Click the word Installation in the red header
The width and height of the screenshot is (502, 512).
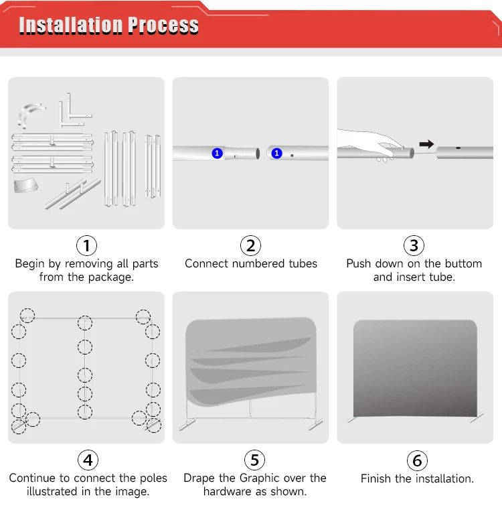(x=71, y=25)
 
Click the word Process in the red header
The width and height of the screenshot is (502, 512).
(x=163, y=25)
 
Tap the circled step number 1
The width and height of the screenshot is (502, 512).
(x=86, y=245)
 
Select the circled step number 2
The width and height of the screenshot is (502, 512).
(x=250, y=245)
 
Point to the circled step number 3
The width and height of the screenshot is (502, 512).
(x=414, y=245)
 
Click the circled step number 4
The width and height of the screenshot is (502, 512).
(x=88, y=460)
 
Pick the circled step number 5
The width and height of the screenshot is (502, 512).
(x=255, y=460)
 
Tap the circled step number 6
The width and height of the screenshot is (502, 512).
(x=417, y=461)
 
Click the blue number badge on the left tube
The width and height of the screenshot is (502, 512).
(x=218, y=153)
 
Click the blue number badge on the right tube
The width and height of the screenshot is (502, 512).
(x=276, y=153)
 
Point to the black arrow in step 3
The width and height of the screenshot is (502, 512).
(x=426, y=144)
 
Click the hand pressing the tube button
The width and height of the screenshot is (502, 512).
(x=369, y=143)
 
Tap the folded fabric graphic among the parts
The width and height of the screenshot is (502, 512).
(x=25, y=185)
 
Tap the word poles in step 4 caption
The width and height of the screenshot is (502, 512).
(x=153, y=478)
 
